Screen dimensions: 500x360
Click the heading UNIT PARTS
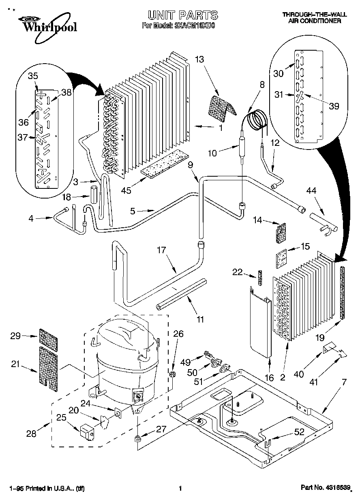pos(182,15)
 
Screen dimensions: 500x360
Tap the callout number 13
pos(199,60)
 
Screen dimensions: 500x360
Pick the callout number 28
pos(31,434)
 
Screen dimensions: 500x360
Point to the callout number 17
pos(162,250)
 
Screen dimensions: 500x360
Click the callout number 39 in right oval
pos(334,106)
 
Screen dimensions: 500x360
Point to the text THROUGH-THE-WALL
pos(314,15)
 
